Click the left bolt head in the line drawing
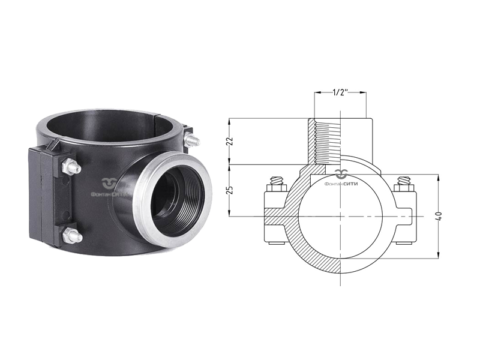click(276, 181)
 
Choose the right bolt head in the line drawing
click(403, 181)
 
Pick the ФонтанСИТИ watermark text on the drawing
click(340, 184)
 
